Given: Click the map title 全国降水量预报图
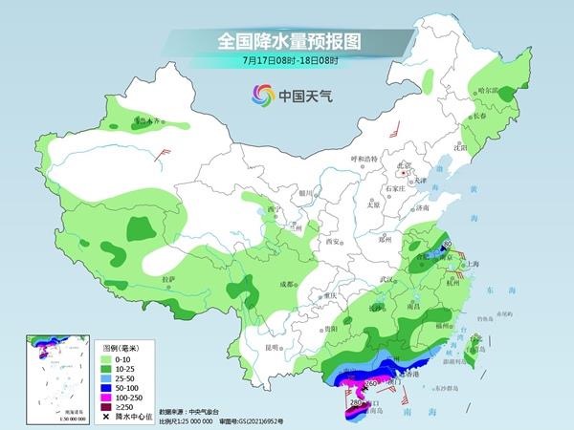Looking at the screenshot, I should (x=286, y=41).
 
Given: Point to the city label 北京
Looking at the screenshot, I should (x=408, y=165).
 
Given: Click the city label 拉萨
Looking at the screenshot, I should (x=168, y=278).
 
